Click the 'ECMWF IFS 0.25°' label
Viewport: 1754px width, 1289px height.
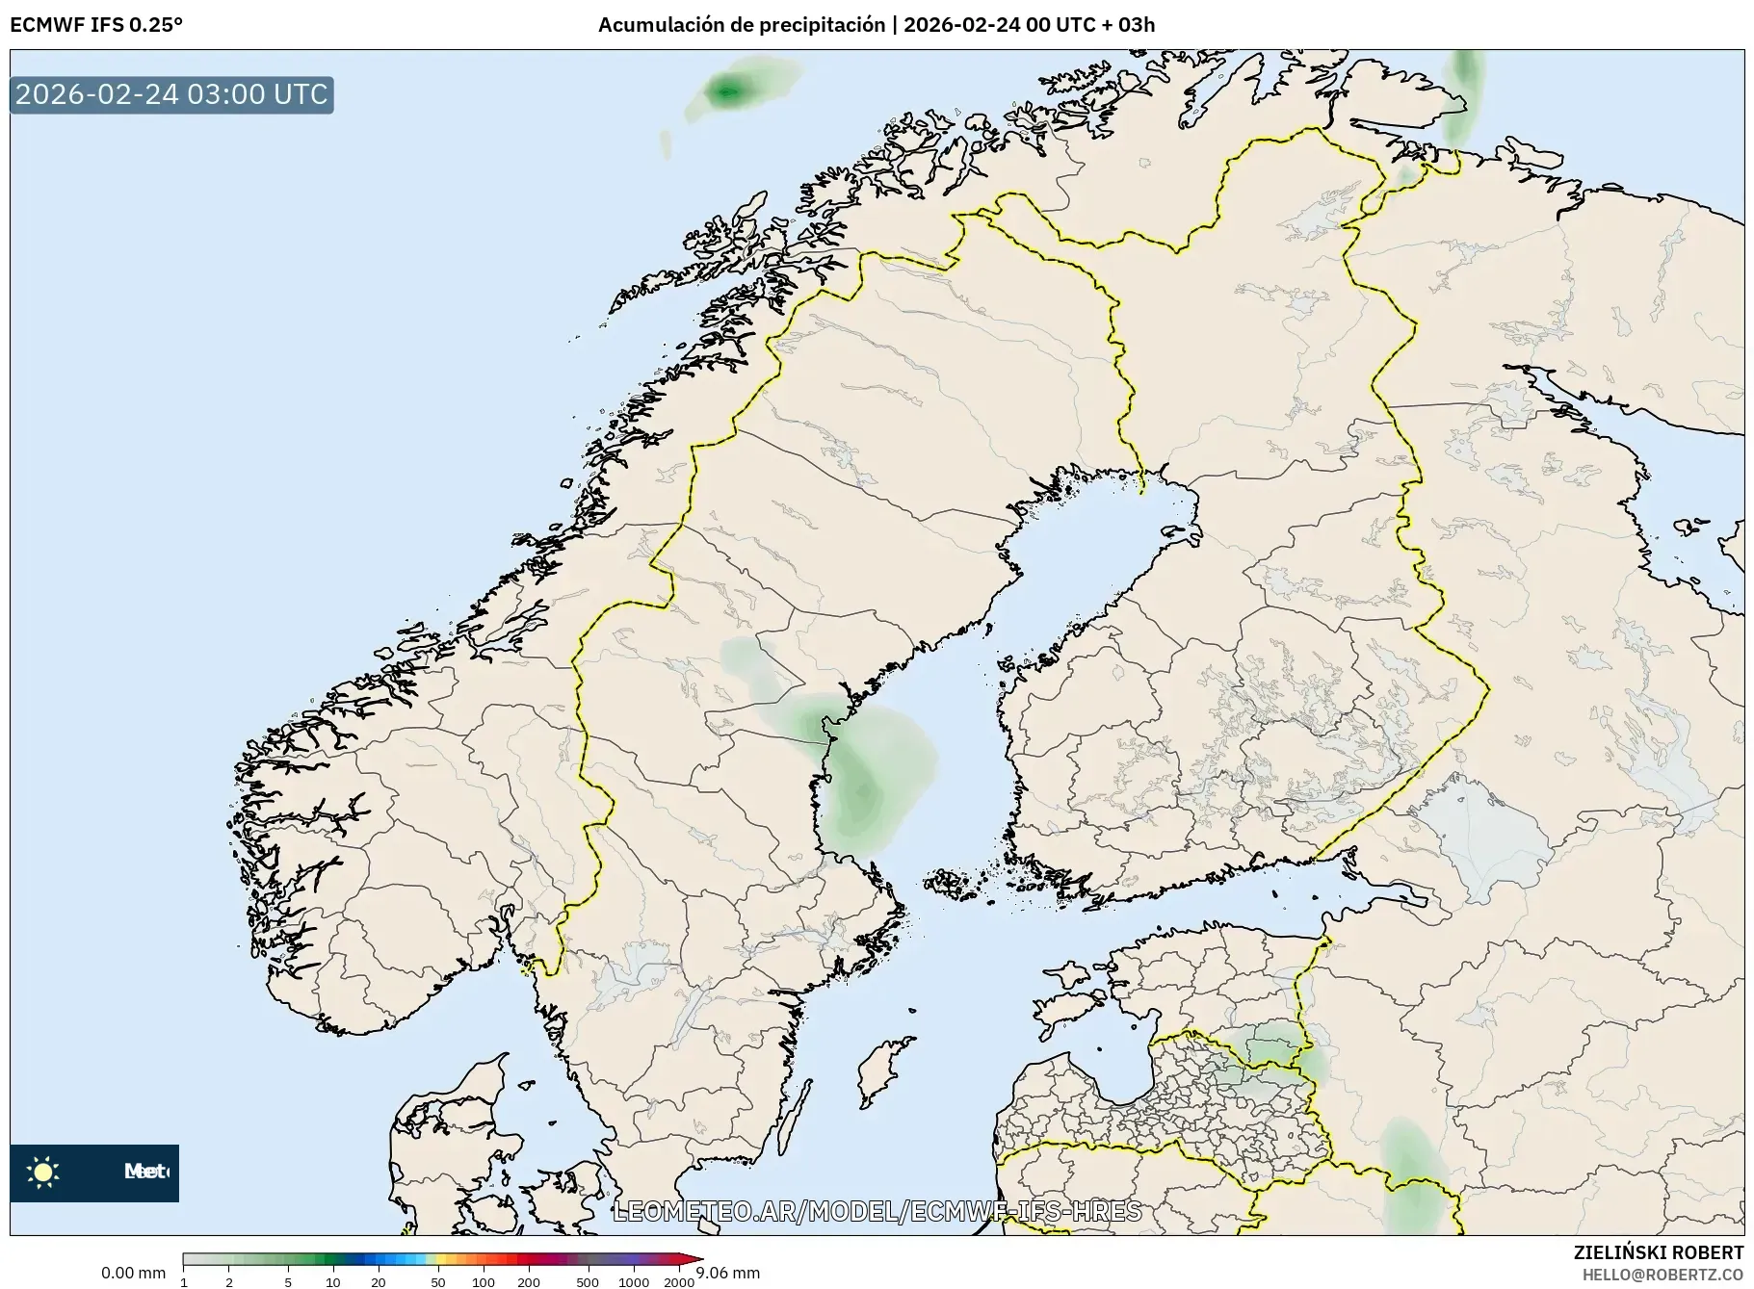95,25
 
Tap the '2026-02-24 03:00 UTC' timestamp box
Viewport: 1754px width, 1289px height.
171,94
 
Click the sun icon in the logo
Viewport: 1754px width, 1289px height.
43,1172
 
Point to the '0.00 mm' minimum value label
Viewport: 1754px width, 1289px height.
133,1273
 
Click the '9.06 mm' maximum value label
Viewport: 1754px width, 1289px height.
728,1273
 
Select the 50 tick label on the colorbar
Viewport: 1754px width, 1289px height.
437,1282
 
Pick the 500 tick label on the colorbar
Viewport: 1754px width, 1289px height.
587,1282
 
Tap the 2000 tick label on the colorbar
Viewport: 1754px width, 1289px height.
679,1282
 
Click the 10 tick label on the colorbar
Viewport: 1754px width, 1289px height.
332,1282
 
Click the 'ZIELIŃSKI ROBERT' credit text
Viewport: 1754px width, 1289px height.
1658,1252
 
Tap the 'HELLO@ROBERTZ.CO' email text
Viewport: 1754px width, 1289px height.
1662,1275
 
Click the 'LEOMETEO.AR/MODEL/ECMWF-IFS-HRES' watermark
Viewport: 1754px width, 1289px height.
877,1211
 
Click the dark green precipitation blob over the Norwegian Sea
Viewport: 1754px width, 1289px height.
727,91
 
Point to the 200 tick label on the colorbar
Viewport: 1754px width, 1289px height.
528,1282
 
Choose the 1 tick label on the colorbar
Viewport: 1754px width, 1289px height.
184,1282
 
